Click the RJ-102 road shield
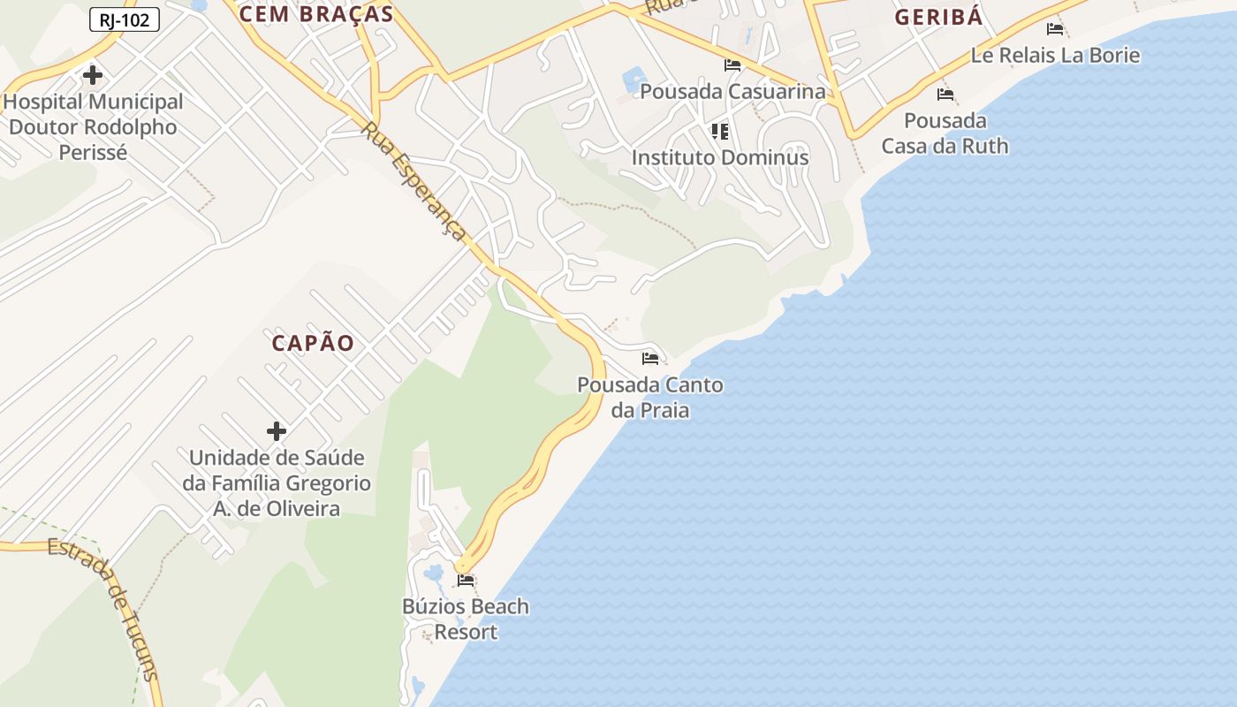click(124, 19)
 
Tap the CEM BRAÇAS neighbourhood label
click(315, 13)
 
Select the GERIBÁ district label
click(938, 18)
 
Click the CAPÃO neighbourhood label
click(313, 343)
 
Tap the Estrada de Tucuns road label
click(105, 610)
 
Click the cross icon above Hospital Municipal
click(93, 75)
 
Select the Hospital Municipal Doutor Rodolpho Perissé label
click(93, 127)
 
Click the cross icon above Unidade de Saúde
click(277, 431)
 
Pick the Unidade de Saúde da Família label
click(277, 483)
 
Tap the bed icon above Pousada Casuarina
click(732, 65)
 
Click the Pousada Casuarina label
click(732, 91)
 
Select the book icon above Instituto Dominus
click(720, 132)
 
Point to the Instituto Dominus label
click(720, 157)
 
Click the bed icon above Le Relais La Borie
click(1055, 29)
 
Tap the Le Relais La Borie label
click(1055, 55)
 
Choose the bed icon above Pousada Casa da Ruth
click(945, 95)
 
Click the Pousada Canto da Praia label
click(650, 398)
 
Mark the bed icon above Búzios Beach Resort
click(466, 581)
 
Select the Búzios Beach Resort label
click(466, 619)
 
